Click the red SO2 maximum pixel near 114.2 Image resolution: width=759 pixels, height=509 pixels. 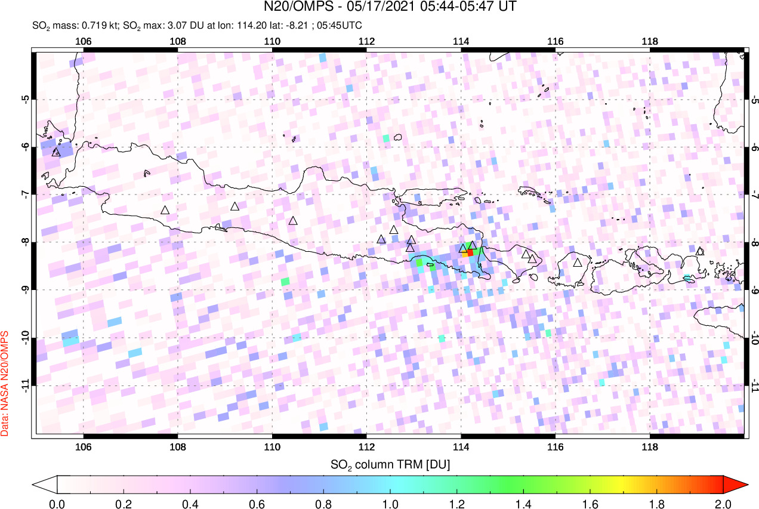(x=470, y=252)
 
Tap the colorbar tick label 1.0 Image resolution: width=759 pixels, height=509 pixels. (x=390, y=502)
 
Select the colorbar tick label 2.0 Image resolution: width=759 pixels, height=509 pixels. (x=723, y=502)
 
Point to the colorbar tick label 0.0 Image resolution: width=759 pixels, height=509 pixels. (x=57, y=502)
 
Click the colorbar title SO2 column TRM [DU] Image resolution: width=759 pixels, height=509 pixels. (x=390, y=464)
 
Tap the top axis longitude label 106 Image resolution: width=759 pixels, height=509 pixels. (x=83, y=41)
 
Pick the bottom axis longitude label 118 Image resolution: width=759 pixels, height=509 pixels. (x=649, y=448)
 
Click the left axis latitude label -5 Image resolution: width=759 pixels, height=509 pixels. (x=26, y=99)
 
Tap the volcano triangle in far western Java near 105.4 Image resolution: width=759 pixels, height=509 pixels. (x=56, y=152)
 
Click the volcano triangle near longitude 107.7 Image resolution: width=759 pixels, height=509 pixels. (x=165, y=210)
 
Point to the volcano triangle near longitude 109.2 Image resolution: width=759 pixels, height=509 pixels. (x=235, y=206)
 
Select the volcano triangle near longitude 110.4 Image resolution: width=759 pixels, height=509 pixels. (x=293, y=221)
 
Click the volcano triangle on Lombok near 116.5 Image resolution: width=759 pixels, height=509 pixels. (x=577, y=263)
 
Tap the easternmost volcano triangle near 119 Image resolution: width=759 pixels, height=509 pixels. (x=700, y=251)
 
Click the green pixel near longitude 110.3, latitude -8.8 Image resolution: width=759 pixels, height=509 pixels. (x=285, y=281)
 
